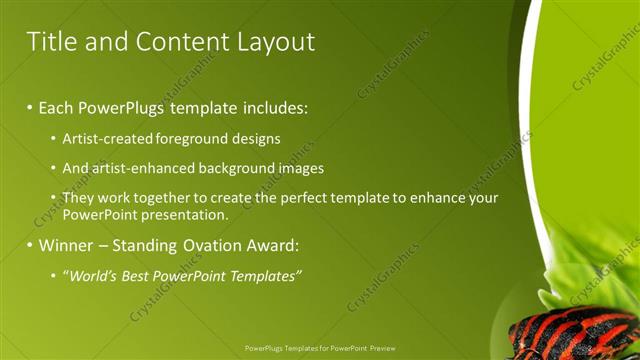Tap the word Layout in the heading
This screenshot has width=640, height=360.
pyautogui.click(x=276, y=42)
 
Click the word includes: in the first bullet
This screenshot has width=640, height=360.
pyautogui.click(x=272, y=106)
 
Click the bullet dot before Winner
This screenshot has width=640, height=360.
pyautogui.click(x=30, y=245)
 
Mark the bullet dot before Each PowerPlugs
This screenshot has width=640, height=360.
pyautogui.click(x=30, y=106)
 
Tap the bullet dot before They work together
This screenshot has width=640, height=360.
pyautogui.click(x=54, y=198)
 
